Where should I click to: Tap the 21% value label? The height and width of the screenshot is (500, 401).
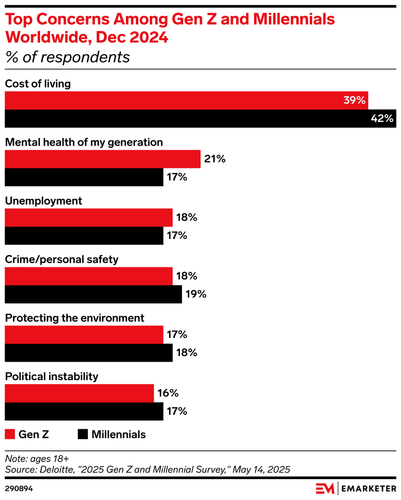tap(215, 159)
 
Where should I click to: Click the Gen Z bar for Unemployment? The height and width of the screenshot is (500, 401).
tap(88, 217)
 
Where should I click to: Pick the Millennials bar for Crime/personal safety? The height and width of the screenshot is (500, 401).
tap(93, 294)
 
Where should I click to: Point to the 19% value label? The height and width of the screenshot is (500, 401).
tap(196, 294)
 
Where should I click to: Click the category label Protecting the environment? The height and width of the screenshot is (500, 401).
tap(74, 318)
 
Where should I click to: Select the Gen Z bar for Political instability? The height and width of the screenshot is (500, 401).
tap(79, 393)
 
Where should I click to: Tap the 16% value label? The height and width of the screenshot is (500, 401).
tap(168, 393)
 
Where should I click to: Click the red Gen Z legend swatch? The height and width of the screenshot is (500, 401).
tap(10, 434)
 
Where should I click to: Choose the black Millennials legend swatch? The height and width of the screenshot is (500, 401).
tap(83, 434)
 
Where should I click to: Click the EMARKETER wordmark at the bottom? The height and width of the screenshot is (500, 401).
tap(369, 489)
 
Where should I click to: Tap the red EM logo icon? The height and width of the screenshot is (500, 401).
tap(325, 489)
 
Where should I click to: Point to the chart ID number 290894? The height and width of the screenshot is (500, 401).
tap(19, 489)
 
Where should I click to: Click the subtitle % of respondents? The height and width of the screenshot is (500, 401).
tap(67, 57)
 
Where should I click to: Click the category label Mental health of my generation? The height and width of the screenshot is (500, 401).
tap(83, 142)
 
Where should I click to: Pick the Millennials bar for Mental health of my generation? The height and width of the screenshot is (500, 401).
tap(84, 177)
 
